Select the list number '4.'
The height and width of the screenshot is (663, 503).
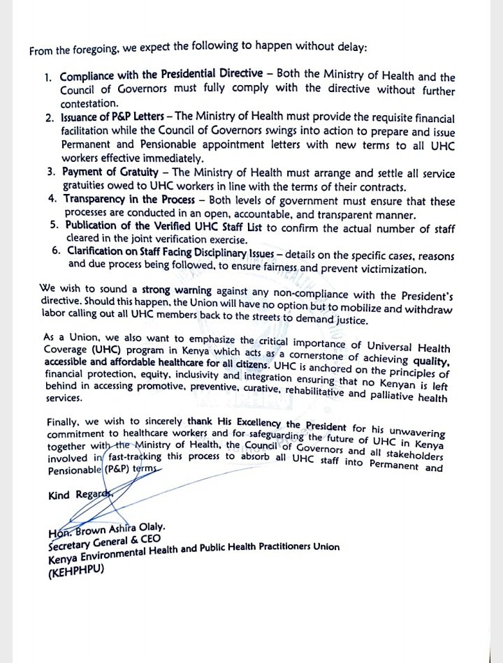tap(53, 199)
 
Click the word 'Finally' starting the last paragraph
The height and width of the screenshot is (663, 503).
tap(64, 424)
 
